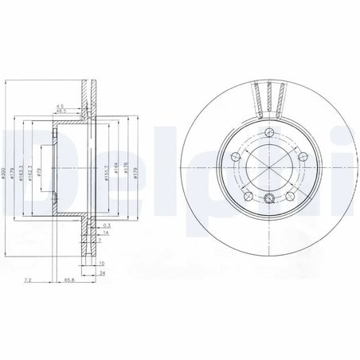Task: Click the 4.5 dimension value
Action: tap(61, 104)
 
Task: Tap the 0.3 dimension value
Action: tap(107, 227)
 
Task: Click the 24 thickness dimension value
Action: tap(102, 272)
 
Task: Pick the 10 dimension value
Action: tap(102, 262)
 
